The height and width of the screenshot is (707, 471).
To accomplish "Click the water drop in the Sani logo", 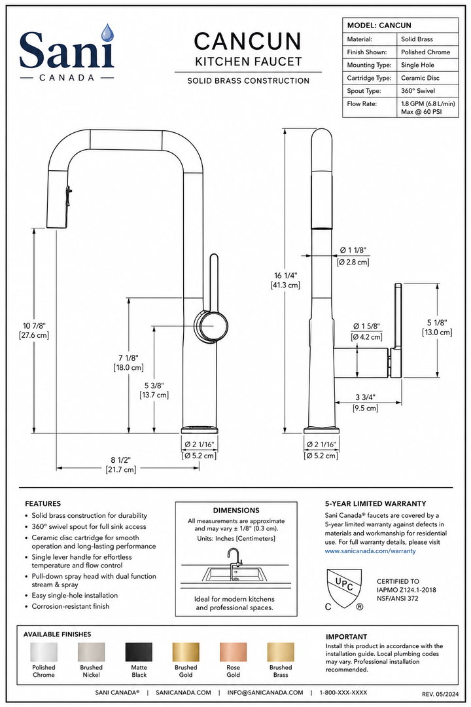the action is click(x=107, y=33).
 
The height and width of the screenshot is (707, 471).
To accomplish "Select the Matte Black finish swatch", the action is click(x=139, y=652).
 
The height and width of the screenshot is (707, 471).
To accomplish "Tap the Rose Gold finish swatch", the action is click(x=233, y=652).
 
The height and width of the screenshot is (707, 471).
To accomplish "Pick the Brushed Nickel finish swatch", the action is click(x=91, y=652).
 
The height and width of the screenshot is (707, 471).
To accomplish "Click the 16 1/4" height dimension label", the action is click(x=286, y=276).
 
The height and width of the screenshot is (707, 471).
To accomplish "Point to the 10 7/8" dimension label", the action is click(x=34, y=325).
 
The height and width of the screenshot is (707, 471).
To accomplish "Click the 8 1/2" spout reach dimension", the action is click(x=121, y=460).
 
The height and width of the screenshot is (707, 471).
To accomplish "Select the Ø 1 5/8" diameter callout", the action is click(x=366, y=327).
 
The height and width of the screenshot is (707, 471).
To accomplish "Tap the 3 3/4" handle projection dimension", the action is click(x=365, y=397).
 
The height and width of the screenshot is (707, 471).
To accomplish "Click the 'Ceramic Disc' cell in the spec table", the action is click(x=420, y=78).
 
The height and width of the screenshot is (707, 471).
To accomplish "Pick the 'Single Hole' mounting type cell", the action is click(x=417, y=65).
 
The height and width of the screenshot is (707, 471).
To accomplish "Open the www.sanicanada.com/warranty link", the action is click(x=370, y=551).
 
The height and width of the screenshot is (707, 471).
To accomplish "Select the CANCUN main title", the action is click(x=247, y=41).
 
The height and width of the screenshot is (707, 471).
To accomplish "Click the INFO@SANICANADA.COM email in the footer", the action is click(x=265, y=692).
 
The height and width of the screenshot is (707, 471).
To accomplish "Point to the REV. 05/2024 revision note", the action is click(x=440, y=694).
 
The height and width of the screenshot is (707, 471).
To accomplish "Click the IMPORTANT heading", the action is click(x=346, y=637).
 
